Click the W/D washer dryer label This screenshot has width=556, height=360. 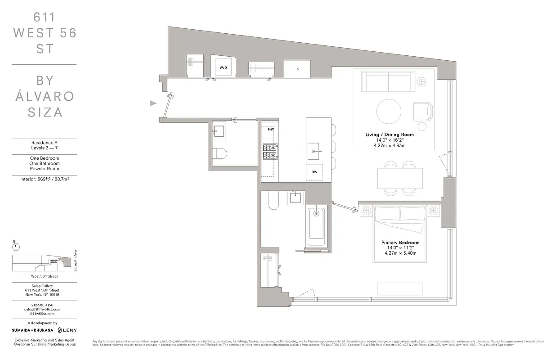[223, 67]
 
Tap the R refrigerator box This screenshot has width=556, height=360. [297, 70]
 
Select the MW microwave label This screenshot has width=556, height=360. [271, 129]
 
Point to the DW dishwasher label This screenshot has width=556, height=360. [314, 172]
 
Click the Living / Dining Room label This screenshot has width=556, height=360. [390, 135]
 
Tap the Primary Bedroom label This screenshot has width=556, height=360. [400, 243]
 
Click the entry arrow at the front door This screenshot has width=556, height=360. [153, 103]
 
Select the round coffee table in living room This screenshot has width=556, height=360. [389, 110]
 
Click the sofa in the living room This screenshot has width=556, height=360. [389, 81]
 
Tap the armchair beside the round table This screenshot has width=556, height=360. [423, 111]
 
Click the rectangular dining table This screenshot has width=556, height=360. [400, 178]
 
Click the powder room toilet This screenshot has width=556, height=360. [220, 153]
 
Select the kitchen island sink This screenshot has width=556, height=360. [314, 149]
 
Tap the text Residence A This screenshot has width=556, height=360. [44, 142]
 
